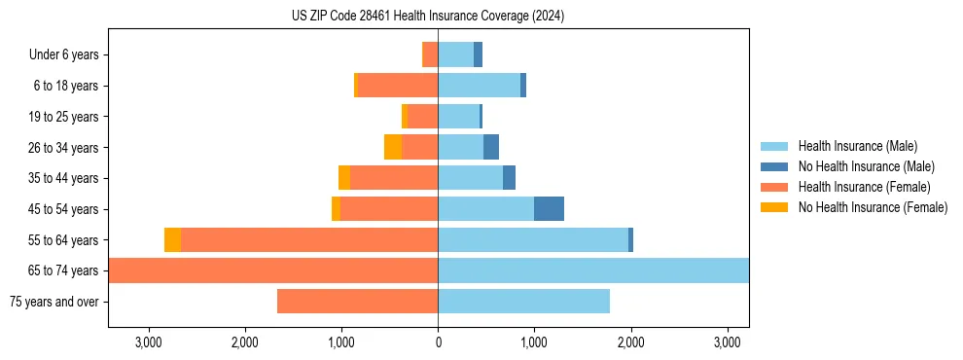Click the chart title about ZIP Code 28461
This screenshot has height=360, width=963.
click(428, 16)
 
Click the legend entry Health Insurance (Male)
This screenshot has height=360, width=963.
click(857, 146)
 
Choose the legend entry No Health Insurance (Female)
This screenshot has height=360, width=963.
click(873, 206)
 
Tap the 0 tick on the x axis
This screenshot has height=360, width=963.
click(438, 342)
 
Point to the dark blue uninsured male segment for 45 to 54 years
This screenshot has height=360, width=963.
click(549, 209)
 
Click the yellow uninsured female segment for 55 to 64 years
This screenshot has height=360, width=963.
click(172, 240)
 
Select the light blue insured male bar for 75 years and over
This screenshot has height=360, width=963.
click(523, 302)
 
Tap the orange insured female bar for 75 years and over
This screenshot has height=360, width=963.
click(357, 302)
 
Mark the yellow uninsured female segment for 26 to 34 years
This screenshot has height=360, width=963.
click(393, 148)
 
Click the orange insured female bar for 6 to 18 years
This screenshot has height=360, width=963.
click(398, 86)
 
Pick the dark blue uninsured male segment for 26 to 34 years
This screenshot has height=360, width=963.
click(491, 148)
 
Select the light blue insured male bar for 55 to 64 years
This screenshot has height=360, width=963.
click(533, 240)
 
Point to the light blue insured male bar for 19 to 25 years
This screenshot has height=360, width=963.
click(458, 117)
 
